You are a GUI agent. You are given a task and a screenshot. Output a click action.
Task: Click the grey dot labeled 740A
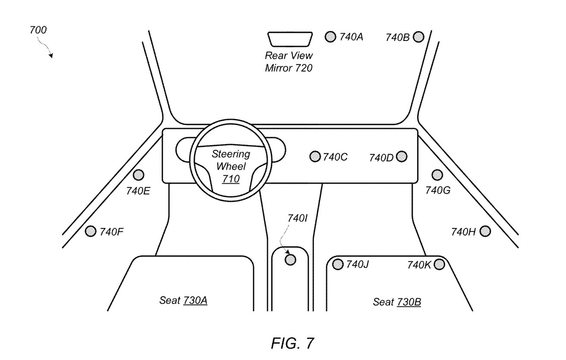pyautogui.click(x=330, y=37)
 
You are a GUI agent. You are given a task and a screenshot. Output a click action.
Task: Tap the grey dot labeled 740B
pyautogui.click(x=418, y=37)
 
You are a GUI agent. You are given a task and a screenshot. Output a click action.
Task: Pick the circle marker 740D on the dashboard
pyautogui.click(x=401, y=157)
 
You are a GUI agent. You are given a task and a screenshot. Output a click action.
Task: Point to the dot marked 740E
pyautogui.click(x=138, y=175)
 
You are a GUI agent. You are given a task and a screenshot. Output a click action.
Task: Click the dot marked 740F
pyautogui.click(x=91, y=232)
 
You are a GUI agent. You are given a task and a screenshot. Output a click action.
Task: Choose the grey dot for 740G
pyautogui.click(x=437, y=175)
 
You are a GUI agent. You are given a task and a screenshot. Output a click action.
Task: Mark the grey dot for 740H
pyautogui.click(x=485, y=232)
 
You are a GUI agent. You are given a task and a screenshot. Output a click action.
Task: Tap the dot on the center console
pyautogui.click(x=291, y=260)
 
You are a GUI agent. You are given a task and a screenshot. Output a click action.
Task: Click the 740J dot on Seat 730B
pyautogui.click(x=338, y=264)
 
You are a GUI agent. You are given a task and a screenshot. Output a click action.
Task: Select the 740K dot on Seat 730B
pyautogui.click(x=439, y=264)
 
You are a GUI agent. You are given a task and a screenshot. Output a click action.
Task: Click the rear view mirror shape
pyautogui.click(x=289, y=39)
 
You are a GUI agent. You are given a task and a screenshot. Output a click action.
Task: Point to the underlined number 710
pyautogui.click(x=231, y=178)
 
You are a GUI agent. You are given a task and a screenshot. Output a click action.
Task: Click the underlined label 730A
pyautogui.click(x=195, y=301)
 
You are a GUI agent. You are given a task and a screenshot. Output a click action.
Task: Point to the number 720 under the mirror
pyautogui.click(x=304, y=68)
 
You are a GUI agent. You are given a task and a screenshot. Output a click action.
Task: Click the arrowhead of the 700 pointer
pyautogui.click(x=51, y=56)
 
